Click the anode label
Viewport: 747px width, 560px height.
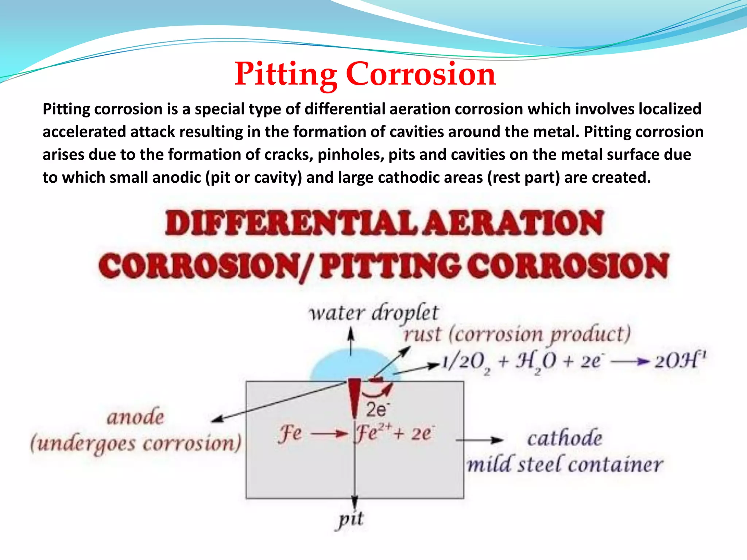pos(135,417)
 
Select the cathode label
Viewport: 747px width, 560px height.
pos(564,438)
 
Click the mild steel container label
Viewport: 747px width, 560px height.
pos(565,465)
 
